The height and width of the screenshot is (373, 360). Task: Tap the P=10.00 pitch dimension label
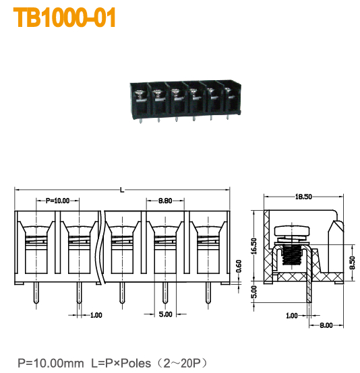[57, 201]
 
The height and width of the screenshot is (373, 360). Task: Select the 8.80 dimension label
[164, 201]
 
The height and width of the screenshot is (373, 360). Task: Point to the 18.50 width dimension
[303, 197]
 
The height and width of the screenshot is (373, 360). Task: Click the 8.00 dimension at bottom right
[326, 325]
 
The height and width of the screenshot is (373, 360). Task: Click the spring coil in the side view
[290, 255]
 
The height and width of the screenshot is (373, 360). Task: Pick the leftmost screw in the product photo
[140, 95]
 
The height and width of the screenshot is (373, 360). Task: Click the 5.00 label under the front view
[165, 314]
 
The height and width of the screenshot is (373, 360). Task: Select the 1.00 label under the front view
[96, 314]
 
